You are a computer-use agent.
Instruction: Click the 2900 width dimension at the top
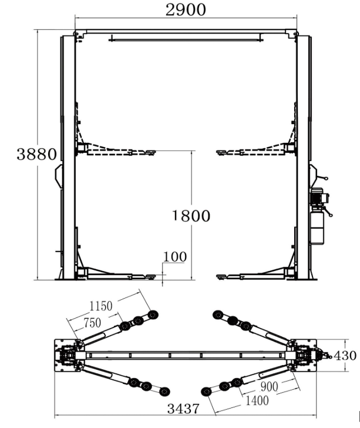pyautogui.click(x=186, y=10)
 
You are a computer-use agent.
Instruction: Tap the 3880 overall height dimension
pyautogui.click(x=37, y=154)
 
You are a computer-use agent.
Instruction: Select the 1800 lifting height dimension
pyautogui.click(x=191, y=216)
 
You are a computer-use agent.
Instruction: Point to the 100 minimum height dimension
pyautogui.click(x=175, y=257)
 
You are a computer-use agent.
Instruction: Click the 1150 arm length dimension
pyautogui.click(x=101, y=306)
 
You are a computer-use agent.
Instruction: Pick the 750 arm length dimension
pyautogui.click(x=92, y=323)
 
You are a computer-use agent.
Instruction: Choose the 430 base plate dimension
pyautogui.click(x=345, y=356)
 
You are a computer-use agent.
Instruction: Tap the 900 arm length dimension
pyautogui.click(x=269, y=386)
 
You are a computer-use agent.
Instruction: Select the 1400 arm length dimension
pyautogui.click(x=257, y=400)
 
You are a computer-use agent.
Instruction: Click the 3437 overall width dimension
pyautogui.click(x=183, y=409)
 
